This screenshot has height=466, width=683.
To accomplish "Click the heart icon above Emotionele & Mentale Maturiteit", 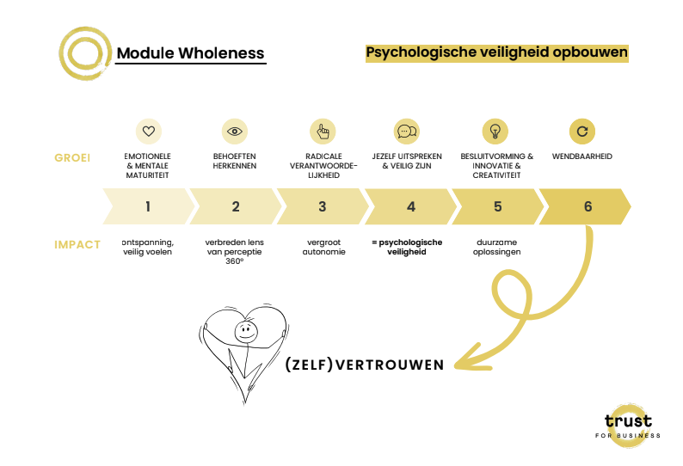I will [x=149, y=132].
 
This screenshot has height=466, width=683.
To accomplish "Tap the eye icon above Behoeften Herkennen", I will [x=235, y=132].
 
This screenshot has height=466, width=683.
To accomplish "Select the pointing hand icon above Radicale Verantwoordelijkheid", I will [x=323, y=132].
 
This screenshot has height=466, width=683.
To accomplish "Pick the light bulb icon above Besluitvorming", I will [x=495, y=132].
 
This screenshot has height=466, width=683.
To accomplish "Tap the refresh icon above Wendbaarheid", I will [x=582, y=132].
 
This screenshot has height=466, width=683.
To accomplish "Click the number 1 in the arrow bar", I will [x=148, y=206].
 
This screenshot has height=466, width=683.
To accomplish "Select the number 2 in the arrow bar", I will [x=236, y=206].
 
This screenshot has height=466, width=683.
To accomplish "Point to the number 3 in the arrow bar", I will [x=323, y=206].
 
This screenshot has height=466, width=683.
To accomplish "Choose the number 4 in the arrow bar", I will [x=410, y=206].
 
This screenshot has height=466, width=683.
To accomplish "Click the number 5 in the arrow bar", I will [x=498, y=206].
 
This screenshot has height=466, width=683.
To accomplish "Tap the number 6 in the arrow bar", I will [x=588, y=206].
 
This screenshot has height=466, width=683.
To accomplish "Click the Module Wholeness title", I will [x=190, y=53].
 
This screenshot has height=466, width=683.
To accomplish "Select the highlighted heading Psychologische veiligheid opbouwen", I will [x=496, y=52].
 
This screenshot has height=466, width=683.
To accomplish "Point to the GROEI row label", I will [x=72, y=158].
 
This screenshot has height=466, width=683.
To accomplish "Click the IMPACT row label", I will [x=77, y=244].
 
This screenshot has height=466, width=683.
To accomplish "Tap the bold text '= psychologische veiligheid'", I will [x=407, y=248].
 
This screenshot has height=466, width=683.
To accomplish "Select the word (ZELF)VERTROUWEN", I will [x=365, y=365].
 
